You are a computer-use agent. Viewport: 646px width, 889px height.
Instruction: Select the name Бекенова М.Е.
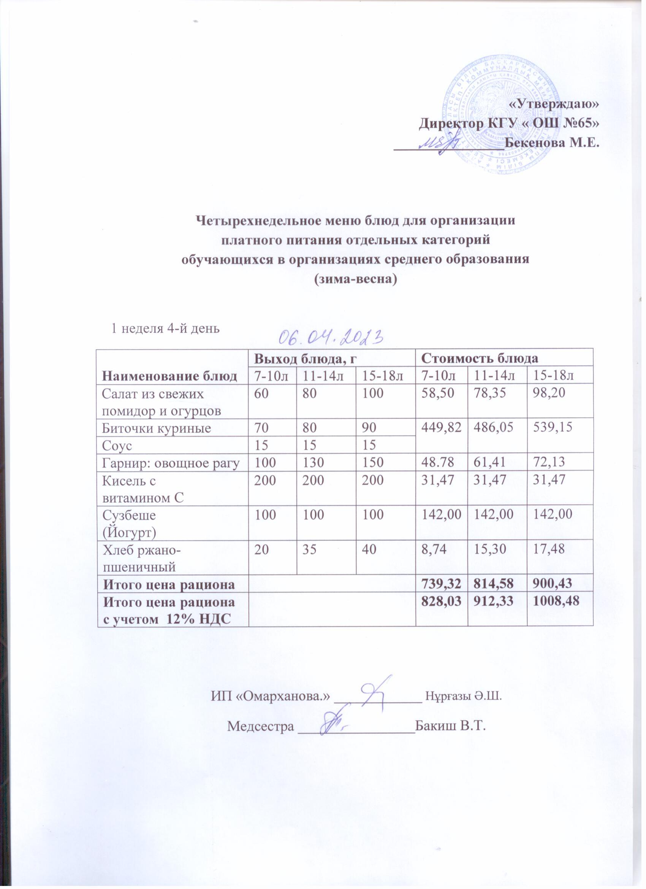point(552,143)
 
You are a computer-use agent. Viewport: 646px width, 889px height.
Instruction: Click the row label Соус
point(116,445)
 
